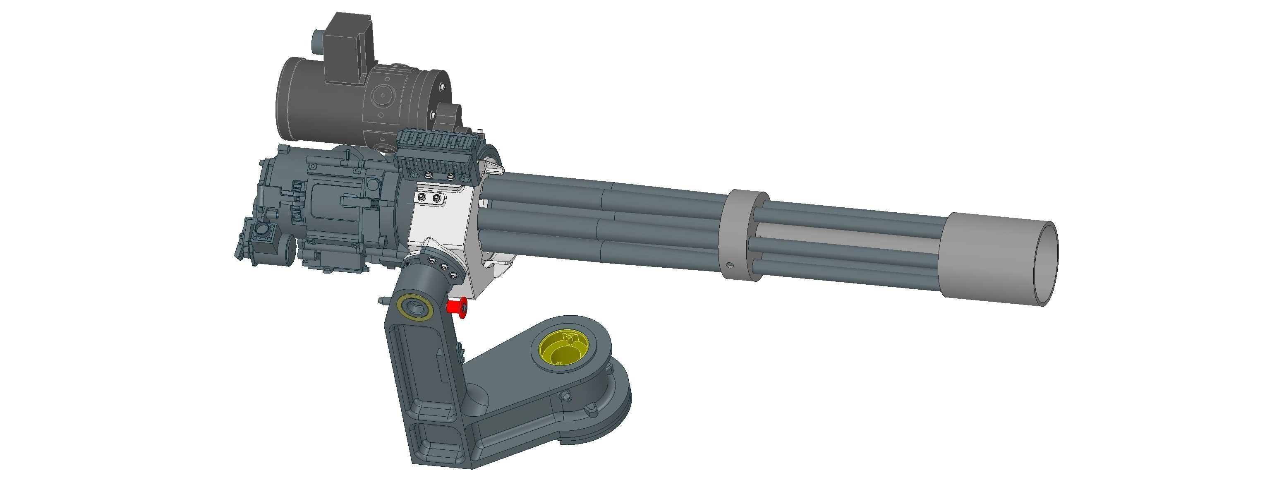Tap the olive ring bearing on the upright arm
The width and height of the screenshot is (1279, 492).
pyautogui.click(x=414, y=307)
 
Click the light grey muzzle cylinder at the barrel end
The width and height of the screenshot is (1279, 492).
pyautogui.click(x=998, y=258)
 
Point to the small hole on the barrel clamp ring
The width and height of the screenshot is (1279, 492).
pyautogui.click(x=729, y=264)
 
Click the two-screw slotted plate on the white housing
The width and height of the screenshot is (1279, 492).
pyautogui.click(x=429, y=199)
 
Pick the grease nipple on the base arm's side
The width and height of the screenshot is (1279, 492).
pyautogui.click(x=565, y=396)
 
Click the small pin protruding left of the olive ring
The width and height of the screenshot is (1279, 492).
pyautogui.click(x=382, y=300)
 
